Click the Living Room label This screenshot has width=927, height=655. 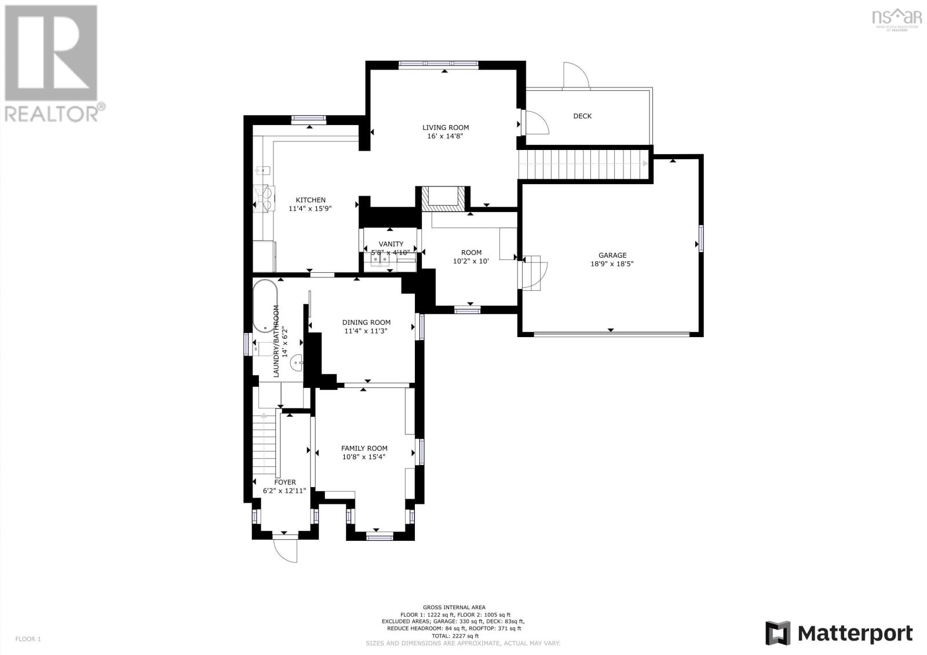tap(445, 127)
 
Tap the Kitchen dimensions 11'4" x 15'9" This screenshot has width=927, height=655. tap(310, 208)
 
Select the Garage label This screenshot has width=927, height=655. tap(612, 255)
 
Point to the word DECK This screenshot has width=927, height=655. tap(582, 116)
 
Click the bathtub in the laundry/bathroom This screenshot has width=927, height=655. tap(265, 306)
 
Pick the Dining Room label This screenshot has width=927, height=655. tap(366, 323)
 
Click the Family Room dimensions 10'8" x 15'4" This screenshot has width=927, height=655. tap(364, 456)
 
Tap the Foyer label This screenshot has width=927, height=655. tap(284, 482)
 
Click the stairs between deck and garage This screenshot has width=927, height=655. tap(582, 164)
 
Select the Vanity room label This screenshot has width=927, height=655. tap(390, 244)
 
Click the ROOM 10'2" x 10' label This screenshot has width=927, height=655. tap(471, 257)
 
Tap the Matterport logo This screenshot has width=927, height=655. tap(838, 632)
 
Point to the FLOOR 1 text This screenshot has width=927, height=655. tap(28, 639)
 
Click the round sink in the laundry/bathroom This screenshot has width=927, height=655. tap(297, 363)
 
